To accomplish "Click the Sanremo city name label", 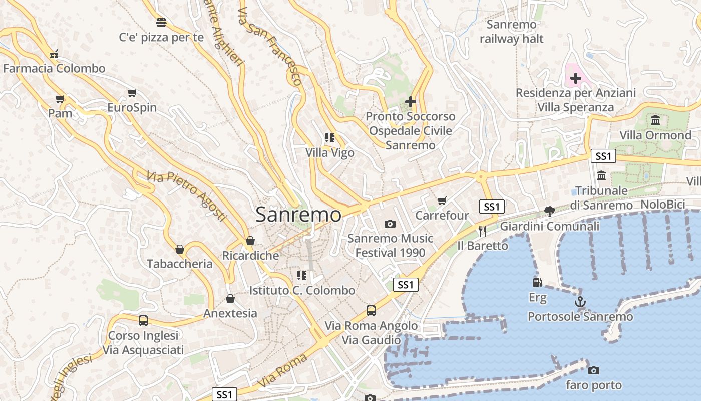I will [x=298, y=215].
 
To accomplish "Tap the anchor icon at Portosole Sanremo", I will [x=580, y=302].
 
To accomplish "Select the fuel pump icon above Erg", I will [x=537, y=282].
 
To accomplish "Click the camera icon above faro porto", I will [x=594, y=370].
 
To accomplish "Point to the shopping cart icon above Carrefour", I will [x=442, y=200].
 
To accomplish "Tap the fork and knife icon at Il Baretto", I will [x=483, y=231].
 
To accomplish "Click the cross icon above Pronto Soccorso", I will [x=410, y=102].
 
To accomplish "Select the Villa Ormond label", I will [x=655, y=135].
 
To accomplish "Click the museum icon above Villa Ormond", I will [x=655, y=120].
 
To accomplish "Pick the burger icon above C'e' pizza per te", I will [x=161, y=22].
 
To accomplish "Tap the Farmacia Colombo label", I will [x=54, y=68].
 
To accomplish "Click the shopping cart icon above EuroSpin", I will [x=132, y=93].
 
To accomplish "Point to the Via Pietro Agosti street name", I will [x=186, y=195].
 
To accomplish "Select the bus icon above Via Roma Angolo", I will [x=371, y=310].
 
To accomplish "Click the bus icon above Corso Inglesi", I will [x=143, y=320].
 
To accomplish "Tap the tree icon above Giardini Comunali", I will [x=549, y=211].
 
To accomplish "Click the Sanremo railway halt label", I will [x=511, y=31].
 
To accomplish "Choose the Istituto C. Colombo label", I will [x=302, y=290].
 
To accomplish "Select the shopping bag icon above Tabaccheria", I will [x=180, y=249].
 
